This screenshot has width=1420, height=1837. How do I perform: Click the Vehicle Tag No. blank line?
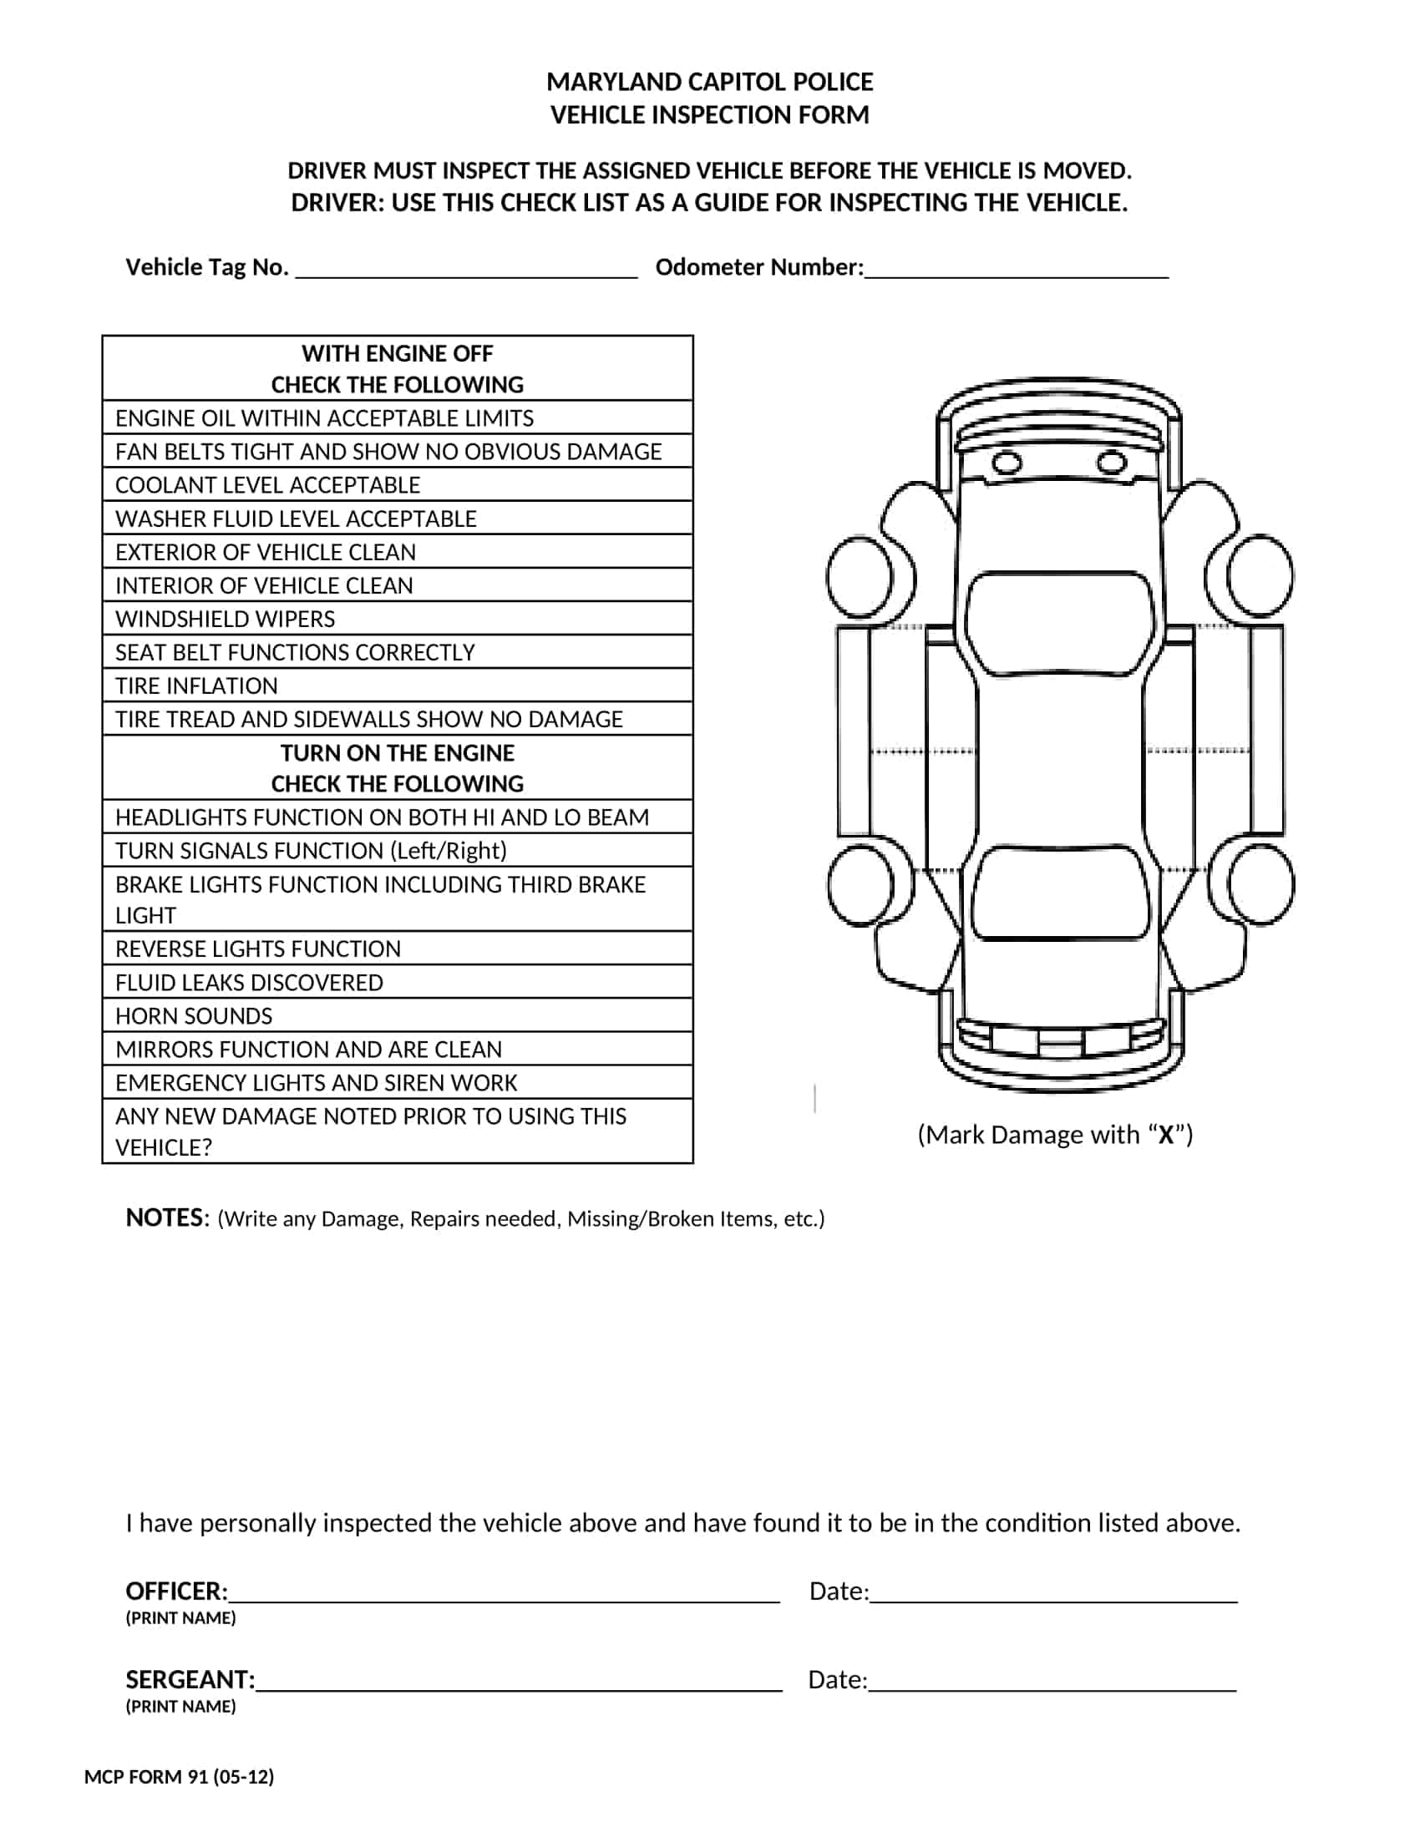[x=467, y=271]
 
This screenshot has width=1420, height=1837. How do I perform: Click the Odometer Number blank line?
[x=1017, y=271]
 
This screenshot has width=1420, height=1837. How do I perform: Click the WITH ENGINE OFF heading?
[x=397, y=353]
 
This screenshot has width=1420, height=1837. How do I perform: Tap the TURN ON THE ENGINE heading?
[x=397, y=753]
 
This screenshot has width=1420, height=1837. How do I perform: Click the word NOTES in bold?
[x=165, y=1218]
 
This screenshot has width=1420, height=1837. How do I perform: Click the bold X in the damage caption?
[x=1166, y=1136]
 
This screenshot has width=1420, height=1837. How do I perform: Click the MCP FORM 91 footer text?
[x=180, y=1777]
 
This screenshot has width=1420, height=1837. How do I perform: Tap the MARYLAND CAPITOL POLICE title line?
[x=709, y=82]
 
